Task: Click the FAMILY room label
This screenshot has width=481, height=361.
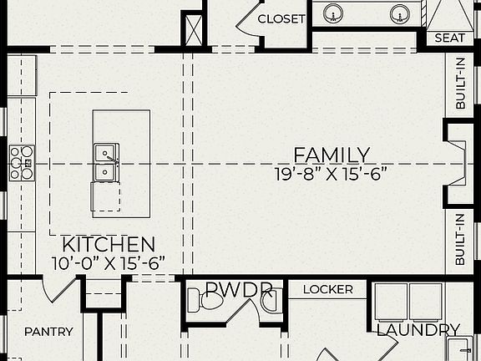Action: (x=332, y=155)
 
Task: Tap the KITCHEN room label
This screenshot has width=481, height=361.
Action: (x=109, y=245)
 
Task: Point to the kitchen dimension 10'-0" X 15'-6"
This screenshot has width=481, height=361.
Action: (x=109, y=262)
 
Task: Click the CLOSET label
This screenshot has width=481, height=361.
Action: (x=281, y=18)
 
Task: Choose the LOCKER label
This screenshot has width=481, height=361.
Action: (x=327, y=290)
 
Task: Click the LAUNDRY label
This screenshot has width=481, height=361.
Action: (x=418, y=330)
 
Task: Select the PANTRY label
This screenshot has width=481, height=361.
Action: (x=48, y=332)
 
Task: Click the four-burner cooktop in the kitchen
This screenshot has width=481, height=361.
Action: (x=22, y=163)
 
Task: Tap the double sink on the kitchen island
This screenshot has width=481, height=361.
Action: (x=106, y=162)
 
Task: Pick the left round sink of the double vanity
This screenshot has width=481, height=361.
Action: (x=333, y=13)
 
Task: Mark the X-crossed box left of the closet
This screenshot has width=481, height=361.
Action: (x=194, y=29)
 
